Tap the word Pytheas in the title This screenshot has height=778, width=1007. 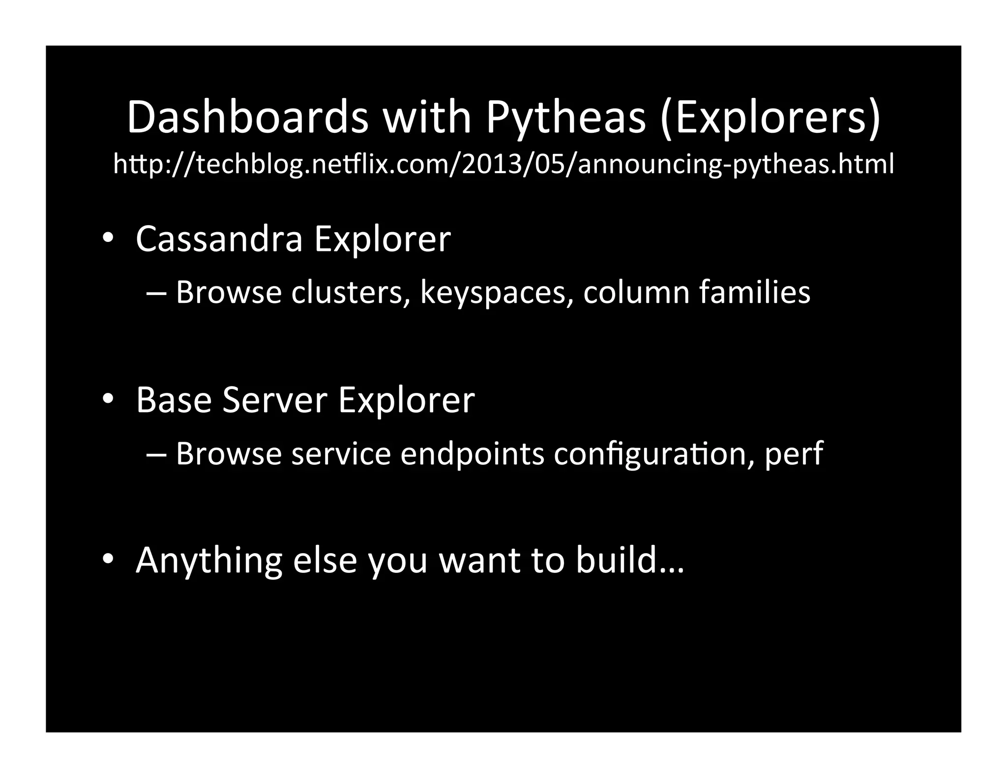(x=565, y=118)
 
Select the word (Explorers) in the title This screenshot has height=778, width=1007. (x=770, y=118)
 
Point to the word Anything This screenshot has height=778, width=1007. (x=208, y=561)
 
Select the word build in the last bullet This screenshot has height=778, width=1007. (x=617, y=560)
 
